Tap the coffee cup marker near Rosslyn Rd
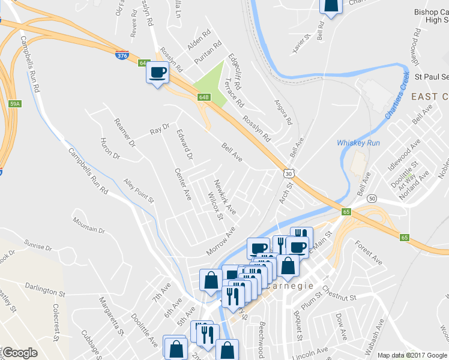(158, 73)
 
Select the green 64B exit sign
(203, 97)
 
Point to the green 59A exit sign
(15, 104)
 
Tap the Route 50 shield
(372, 199)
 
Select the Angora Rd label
(283, 112)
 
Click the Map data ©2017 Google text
(412, 355)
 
